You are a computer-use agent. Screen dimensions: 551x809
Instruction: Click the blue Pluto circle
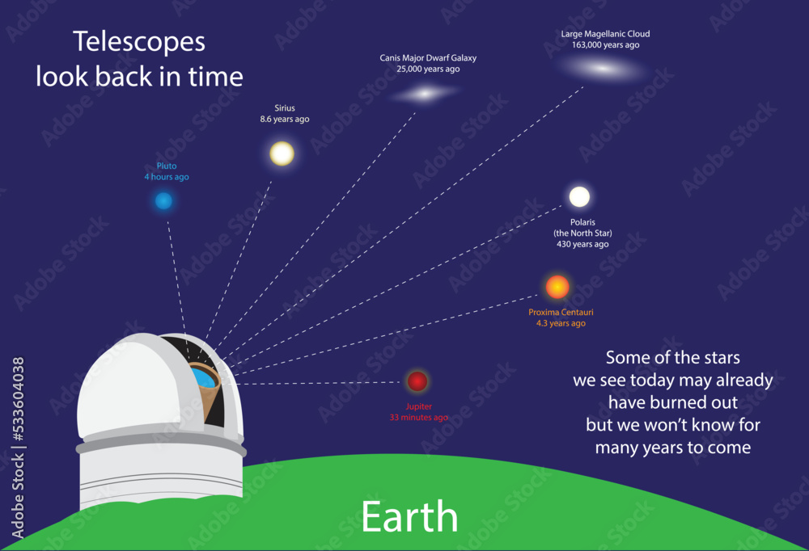[164, 201]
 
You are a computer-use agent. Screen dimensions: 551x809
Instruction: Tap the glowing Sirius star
[282, 153]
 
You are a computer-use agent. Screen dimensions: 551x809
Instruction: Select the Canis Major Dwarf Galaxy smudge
[424, 94]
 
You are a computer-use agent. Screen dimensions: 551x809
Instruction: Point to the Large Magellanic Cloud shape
[603, 69]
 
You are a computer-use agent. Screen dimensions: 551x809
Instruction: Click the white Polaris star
[579, 196]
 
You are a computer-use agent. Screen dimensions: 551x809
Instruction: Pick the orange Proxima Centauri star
[557, 287]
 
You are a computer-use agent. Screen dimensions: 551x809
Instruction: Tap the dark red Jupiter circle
[417, 381]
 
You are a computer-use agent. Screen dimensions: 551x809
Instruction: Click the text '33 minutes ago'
[418, 418]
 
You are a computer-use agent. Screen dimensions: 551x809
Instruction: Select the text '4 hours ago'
[167, 177]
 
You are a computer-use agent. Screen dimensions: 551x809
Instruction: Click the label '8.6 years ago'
[284, 120]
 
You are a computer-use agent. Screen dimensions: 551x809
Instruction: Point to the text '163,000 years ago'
[605, 45]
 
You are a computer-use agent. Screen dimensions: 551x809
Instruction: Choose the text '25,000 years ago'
[428, 69]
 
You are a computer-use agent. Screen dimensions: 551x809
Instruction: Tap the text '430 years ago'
[582, 244]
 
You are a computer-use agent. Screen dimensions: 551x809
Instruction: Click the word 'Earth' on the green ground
[409, 517]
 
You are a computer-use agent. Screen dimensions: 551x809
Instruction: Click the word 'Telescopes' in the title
[139, 42]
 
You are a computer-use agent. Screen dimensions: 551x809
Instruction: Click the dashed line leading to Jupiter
[324, 383]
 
